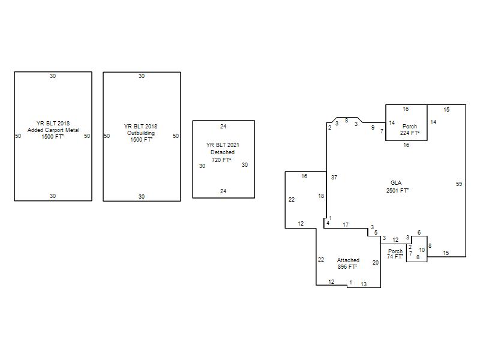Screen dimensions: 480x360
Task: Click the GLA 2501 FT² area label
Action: [x=397, y=187]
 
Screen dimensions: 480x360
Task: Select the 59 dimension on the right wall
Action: [x=459, y=184]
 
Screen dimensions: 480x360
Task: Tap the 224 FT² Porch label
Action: [x=410, y=130]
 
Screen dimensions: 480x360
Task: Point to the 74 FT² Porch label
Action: [x=395, y=254]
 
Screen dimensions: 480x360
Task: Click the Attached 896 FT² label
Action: [x=348, y=263]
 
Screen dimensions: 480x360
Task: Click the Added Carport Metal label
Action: [x=53, y=130]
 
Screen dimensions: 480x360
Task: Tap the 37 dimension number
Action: [x=334, y=177]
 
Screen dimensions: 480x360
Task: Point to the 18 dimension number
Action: [x=321, y=196]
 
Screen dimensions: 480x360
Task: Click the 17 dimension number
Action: [x=346, y=224]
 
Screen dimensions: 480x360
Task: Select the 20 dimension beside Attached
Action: [x=376, y=262]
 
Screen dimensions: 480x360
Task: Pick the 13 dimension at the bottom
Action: [x=364, y=284]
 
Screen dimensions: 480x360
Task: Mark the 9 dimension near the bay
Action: [x=373, y=127]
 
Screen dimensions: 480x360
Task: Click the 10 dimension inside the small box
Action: [x=422, y=250]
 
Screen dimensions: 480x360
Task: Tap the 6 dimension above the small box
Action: [x=419, y=233]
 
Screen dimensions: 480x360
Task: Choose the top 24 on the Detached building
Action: [x=223, y=126]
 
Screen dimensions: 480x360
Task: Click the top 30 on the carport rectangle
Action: [x=53, y=76]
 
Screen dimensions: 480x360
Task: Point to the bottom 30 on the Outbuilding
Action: [x=142, y=197]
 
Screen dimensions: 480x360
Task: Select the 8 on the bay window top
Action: [x=347, y=121]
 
